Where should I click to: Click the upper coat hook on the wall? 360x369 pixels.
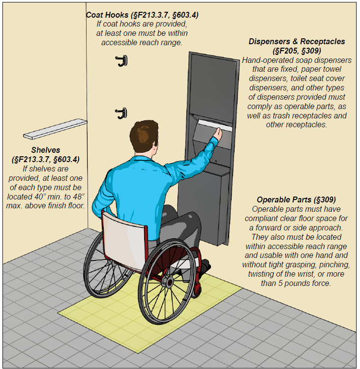[x=121, y=61]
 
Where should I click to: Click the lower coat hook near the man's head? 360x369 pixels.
[x=121, y=113]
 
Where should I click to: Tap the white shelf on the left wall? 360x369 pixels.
[x=55, y=129]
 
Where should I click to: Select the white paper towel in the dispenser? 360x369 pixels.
[x=214, y=126]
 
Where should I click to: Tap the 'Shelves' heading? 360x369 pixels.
[x=46, y=150]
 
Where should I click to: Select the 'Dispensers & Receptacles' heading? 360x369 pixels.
[x=297, y=41]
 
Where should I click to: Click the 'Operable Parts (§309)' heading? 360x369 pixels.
[x=296, y=199]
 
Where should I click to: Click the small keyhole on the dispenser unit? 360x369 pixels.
[x=216, y=161]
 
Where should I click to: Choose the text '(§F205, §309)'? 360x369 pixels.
[x=297, y=51]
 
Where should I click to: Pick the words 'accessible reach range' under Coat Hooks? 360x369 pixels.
[x=142, y=42]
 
